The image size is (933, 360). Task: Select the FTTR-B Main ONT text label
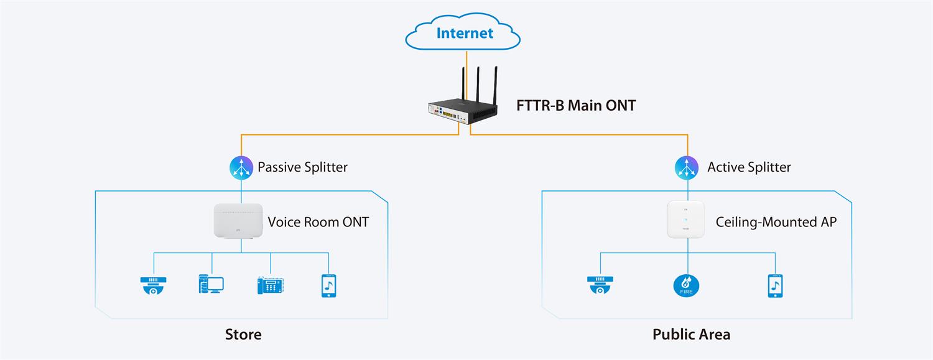click(576, 106)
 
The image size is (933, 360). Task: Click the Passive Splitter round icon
click(241, 167)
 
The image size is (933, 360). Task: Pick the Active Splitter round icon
click(687, 167)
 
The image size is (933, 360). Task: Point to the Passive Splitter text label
click(302, 167)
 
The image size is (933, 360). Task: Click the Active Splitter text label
click(749, 167)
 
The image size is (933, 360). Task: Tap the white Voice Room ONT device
click(238, 221)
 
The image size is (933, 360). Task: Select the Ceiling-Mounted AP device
click(685, 219)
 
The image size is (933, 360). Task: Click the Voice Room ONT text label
click(318, 222)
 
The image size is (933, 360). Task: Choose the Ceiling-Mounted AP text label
click(776, 222)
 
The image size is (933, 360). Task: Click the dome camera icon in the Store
click(154, 285)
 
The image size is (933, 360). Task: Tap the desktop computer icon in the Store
click(211, 285)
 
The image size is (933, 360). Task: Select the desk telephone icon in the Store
click(271, 285)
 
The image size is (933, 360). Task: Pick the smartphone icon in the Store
click(329, 285)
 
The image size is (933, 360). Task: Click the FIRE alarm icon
click(687, 285)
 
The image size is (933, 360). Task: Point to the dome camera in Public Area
click(600, 285)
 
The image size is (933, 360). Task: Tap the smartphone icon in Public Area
click(775, 285)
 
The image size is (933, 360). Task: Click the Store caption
click(243, 335)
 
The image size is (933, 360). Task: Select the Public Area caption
click(691, 335)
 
